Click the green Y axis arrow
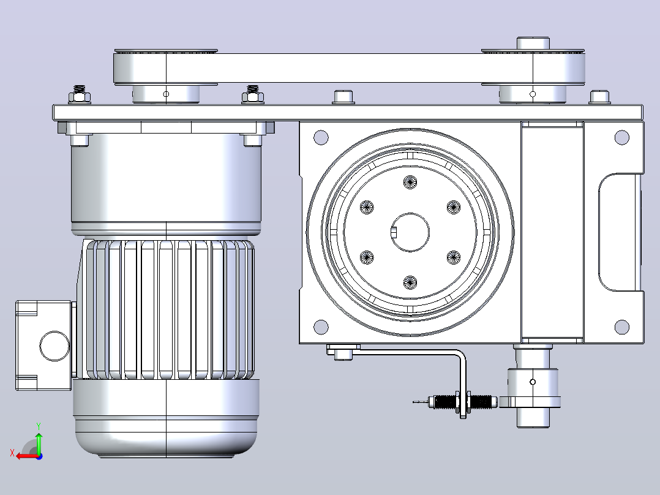pos(39,443)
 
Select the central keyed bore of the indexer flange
pos(410,232)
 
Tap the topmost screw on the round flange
pos(410,182)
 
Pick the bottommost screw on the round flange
pos(410,282)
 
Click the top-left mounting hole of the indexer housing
pos(321,137)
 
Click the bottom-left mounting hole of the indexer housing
pos(321,327)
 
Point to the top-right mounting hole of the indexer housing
pos(621,137)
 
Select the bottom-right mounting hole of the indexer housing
pos(621,327)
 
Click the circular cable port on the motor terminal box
pos(54,346)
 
